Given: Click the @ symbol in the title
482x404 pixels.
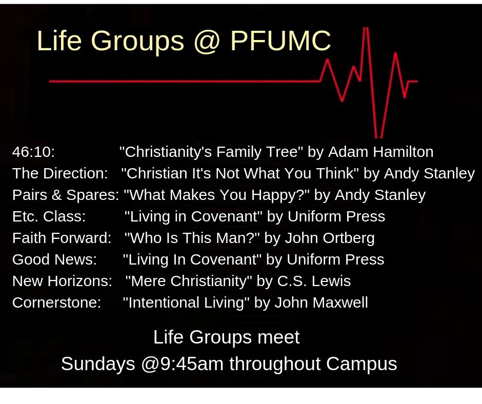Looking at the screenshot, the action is pos(207,42).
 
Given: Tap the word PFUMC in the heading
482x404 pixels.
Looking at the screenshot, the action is pos(280,41).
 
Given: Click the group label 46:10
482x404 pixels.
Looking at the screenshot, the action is pos(33,152).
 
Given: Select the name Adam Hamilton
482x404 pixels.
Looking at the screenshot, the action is pos(380,152).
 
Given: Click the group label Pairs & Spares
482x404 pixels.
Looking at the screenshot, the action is pos(66,195).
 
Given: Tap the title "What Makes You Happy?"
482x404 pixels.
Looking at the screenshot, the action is pos(216,195).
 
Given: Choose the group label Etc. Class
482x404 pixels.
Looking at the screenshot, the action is pos(49,216).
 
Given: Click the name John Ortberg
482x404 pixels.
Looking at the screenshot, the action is pos(330,238).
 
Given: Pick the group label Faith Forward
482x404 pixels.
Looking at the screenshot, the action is pos(62,238).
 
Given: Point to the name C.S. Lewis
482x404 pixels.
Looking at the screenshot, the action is pos(314,281).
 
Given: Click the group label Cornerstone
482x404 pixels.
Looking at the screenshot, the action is pos(56,302).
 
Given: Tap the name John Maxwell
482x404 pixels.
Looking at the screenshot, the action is pos(321,302).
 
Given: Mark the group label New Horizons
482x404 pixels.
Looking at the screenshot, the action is pos(62,281).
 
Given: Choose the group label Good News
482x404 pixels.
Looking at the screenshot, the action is pos(54,259).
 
